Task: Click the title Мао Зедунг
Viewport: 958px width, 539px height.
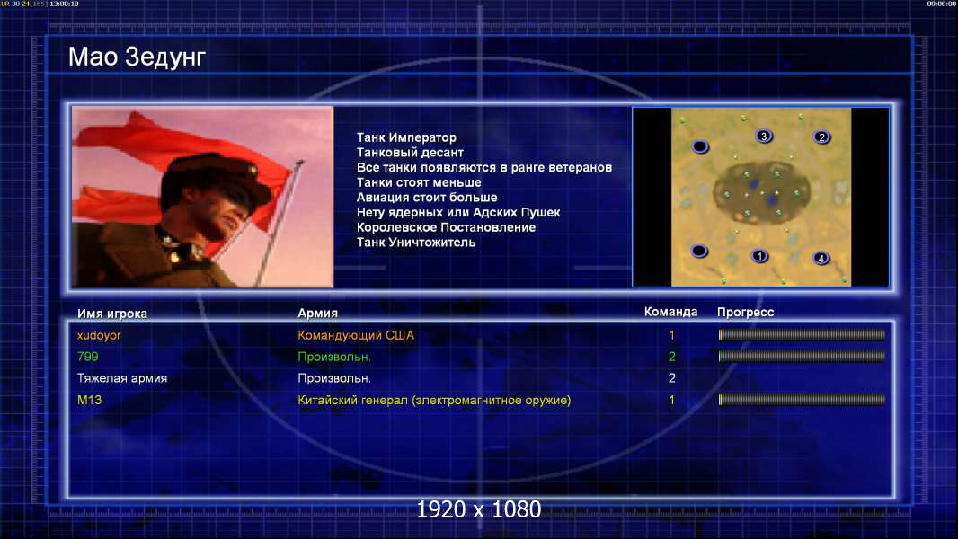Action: click(x=137, y=57)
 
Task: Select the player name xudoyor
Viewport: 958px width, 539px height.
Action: click(x=99, y=335)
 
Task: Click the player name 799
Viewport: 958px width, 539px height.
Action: click(x=87, y=357)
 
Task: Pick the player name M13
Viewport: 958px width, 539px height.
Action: click(x=89, y=400)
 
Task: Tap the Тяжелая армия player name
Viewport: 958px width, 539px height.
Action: click(x=122, y=378)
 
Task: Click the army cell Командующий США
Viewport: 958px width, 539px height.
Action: click(x=356, y=335)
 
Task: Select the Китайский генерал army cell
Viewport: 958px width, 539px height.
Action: click(x=434, y=401)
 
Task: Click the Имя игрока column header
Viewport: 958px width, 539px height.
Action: click(x=111, y=314)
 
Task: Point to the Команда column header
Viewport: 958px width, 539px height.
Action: click(x=670, y=312)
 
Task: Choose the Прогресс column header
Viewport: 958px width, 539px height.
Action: click(x=745, y=313)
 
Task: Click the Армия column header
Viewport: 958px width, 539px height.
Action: click(x=318, y=314)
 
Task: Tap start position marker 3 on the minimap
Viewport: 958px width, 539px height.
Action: click(x=764, y=137)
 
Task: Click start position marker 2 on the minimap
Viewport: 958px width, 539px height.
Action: click(x=821, y=137)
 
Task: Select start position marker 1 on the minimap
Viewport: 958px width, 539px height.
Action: click(x=759, y=256)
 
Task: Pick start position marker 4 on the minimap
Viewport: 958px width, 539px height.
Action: click(x=821, y=258)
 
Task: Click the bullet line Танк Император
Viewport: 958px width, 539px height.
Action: click(x=406, y=138)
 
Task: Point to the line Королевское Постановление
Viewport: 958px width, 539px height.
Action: click(x=446, y=227)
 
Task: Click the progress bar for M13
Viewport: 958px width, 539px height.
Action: click(x=802, y=400)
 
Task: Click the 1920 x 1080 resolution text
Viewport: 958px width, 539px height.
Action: click(x=479, y=509)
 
